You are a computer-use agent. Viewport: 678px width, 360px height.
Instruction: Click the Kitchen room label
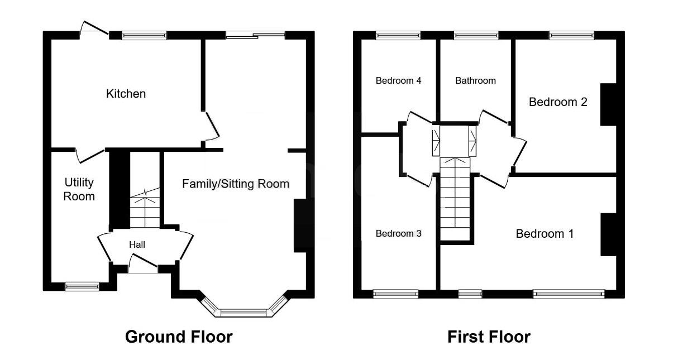126,94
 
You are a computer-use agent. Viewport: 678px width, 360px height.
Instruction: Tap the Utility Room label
79,189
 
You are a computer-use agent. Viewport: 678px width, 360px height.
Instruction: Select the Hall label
137,244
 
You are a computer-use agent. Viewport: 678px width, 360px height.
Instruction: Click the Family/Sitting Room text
236,184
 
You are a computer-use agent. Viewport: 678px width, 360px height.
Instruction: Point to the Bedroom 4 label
398,80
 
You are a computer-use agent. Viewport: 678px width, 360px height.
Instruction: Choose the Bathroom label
475,80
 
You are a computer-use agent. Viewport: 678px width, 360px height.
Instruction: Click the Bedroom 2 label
558,102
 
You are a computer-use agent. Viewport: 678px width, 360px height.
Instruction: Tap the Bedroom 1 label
545,233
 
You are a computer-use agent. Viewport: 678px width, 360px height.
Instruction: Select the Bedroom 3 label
398,233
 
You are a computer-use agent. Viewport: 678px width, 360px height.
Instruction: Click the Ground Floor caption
179,337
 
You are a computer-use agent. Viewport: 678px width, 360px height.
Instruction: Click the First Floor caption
489,337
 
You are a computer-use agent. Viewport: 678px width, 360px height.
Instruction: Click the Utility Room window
82,286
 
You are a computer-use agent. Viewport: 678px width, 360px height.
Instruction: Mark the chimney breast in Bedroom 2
608,104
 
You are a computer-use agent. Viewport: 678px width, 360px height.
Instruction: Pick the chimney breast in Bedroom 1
608,234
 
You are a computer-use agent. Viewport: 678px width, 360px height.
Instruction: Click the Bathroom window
476,36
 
